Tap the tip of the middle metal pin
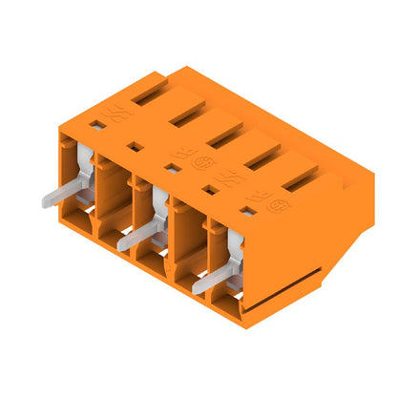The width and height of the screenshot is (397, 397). tap(122, 245)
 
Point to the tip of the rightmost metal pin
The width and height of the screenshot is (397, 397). tap(198, 284)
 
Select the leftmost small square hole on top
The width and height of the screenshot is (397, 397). tap(96, 124)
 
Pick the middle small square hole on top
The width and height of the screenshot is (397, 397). tap(172, 168)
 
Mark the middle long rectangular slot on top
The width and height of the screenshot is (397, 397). tap(227, 137)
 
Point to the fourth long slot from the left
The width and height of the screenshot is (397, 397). tap(265, 158)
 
